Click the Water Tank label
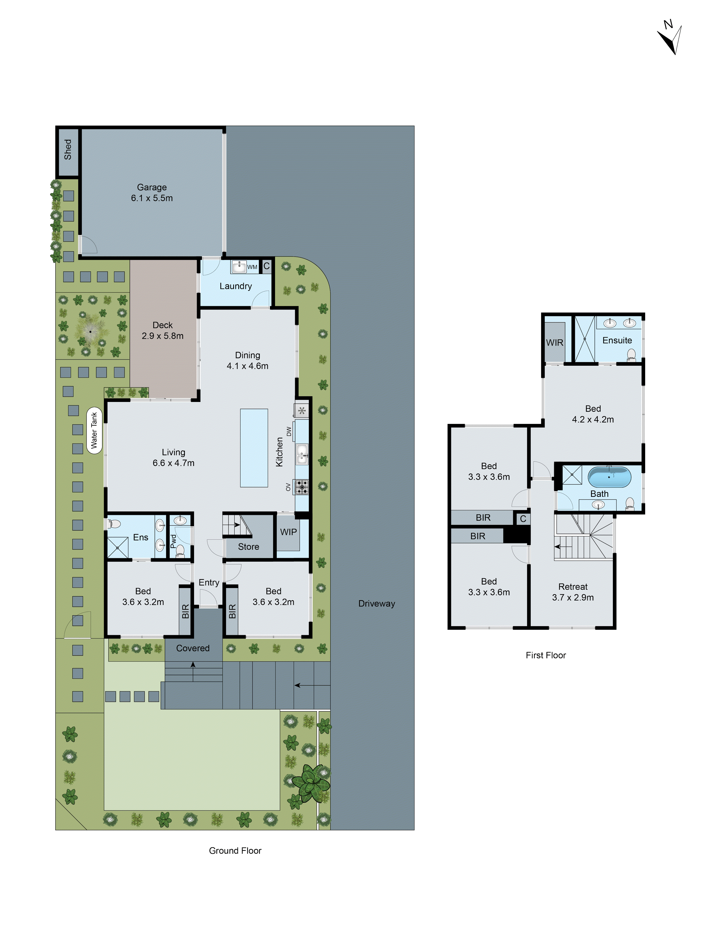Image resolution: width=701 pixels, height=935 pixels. [94, 430]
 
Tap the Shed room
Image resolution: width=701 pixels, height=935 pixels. [68, 150]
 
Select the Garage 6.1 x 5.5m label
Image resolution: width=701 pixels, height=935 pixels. [152, 193]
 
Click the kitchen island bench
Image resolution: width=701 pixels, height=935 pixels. [254, 448]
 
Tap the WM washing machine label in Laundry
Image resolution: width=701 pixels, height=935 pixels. [252, 267]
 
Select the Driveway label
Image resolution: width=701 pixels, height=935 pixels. [376, 604]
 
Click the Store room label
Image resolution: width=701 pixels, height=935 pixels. [248, 547]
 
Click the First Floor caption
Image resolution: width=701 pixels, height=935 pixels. [546, 655]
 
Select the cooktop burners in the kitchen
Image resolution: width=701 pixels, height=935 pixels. [302, 487]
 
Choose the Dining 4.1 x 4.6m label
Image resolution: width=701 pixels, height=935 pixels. [248, 361]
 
